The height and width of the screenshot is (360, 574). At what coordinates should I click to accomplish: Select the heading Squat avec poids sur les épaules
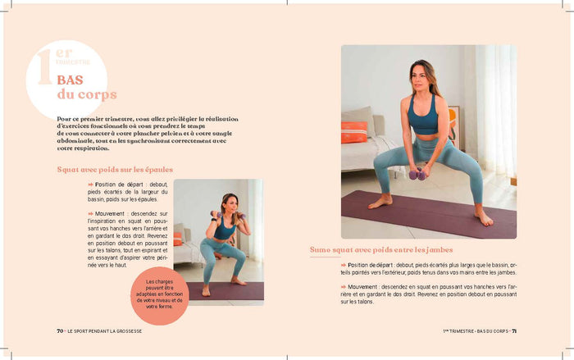click(115, 170)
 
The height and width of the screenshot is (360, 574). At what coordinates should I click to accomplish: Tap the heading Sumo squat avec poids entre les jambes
click(381, 249)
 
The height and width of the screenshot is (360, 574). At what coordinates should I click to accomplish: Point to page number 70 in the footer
click(60, 331)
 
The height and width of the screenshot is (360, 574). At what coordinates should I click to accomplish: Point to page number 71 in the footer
click(513, 331)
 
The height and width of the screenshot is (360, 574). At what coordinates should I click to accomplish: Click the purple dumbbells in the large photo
click(417, 173)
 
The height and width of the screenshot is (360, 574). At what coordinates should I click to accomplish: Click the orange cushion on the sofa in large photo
click(354, 131)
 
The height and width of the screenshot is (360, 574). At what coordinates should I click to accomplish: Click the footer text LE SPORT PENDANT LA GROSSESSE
click(106, 331)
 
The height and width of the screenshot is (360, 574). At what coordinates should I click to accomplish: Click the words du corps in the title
click(87, 95)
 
